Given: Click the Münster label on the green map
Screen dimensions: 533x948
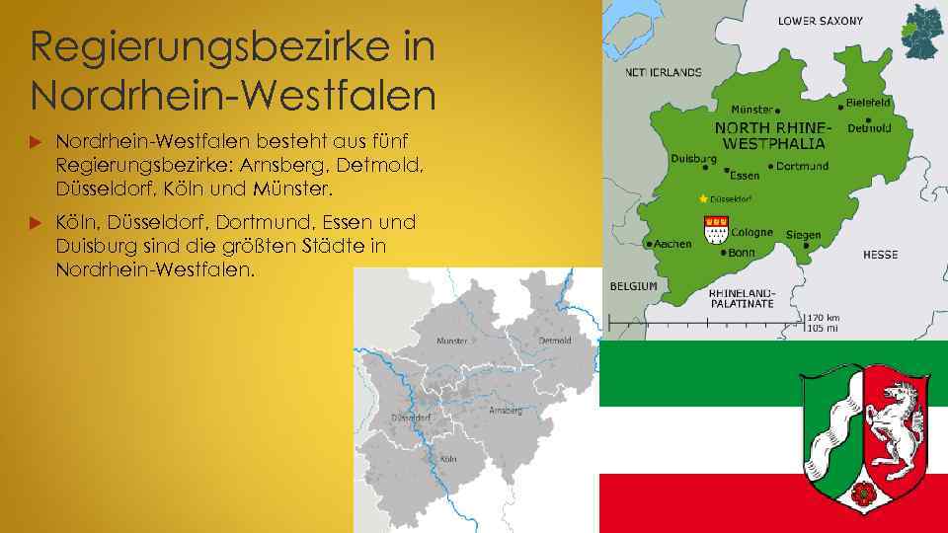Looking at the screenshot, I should (x=751, y=110).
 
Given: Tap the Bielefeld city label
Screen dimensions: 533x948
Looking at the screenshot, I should (x=869, y=102).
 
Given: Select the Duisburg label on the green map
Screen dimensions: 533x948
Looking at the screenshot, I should (x=693, y=158).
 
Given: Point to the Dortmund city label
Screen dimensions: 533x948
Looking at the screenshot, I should (x=803, y=166).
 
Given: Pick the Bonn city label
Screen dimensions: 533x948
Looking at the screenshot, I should (x=741, y=253).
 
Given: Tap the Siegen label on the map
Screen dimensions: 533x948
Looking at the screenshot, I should (x=804, y=235).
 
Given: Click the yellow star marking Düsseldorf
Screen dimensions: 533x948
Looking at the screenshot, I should (x=703, y=198).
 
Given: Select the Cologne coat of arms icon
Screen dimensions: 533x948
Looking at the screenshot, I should (x=714, y=231).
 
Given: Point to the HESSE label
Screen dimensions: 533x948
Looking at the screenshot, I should (x=880, y=255).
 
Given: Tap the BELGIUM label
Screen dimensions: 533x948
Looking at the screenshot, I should (x=633, y=286).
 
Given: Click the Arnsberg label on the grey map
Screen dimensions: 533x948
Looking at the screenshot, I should (x=505, y=410).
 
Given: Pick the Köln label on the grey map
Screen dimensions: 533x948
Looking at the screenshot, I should (x=447, y=458).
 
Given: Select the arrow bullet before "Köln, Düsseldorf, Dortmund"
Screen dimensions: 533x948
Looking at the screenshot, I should (x=39, y=224).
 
